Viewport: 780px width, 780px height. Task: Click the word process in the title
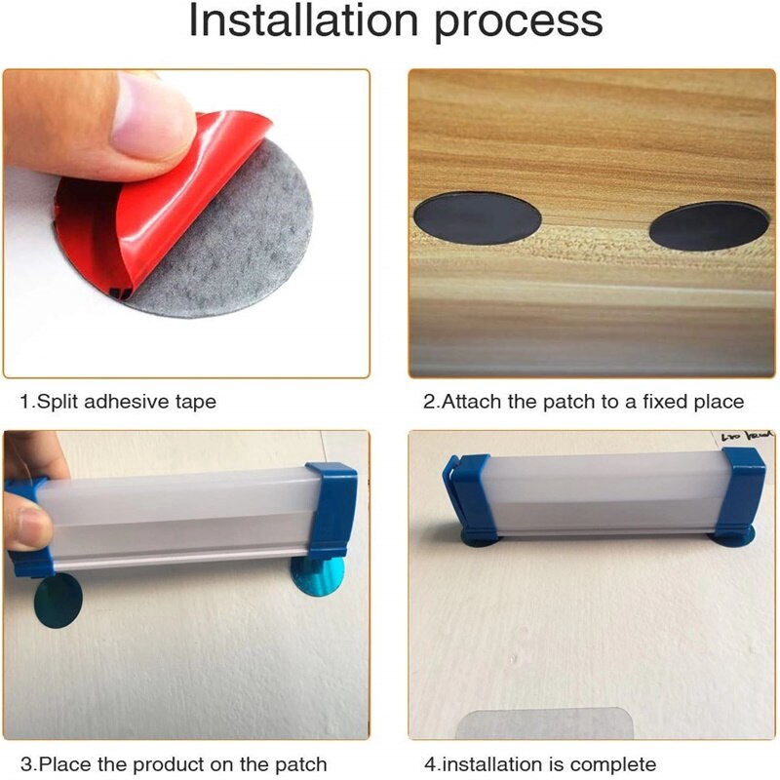click(519, 23)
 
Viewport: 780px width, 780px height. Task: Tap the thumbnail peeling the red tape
click(149, 122)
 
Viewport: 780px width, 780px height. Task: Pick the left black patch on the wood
click(478, 218)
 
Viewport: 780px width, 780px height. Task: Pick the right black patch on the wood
click(710, 226)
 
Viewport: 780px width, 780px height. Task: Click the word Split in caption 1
click(58, 402)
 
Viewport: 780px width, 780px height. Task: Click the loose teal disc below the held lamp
click(58, 600)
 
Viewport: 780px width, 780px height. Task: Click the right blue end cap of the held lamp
click(332, 510)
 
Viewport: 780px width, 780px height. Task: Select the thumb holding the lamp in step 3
click(26, 525)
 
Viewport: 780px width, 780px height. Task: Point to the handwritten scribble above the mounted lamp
click(746, 437)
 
